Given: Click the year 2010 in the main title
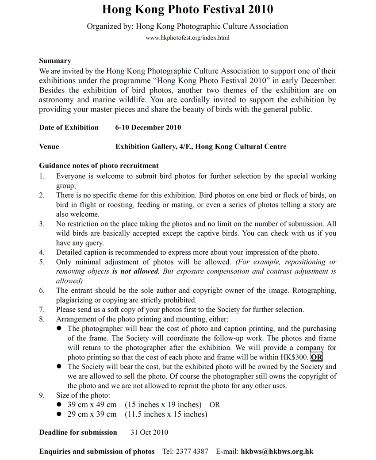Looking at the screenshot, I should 257,9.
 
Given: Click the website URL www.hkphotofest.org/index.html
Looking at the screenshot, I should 188,38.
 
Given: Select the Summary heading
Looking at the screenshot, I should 55,61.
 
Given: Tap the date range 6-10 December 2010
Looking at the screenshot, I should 148,127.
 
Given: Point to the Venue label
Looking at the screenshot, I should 49,146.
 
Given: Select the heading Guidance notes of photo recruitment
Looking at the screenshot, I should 99,166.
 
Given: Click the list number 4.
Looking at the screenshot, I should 42,252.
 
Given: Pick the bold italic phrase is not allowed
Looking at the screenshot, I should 135,271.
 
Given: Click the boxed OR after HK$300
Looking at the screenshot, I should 316,357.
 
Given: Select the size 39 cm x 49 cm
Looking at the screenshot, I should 92,405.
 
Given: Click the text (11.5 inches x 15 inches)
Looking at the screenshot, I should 166,414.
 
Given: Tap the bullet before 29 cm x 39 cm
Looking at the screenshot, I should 59,414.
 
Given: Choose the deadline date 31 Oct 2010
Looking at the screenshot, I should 149,433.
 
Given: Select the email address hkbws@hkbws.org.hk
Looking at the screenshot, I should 277,452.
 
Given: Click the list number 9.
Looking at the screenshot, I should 42,395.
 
